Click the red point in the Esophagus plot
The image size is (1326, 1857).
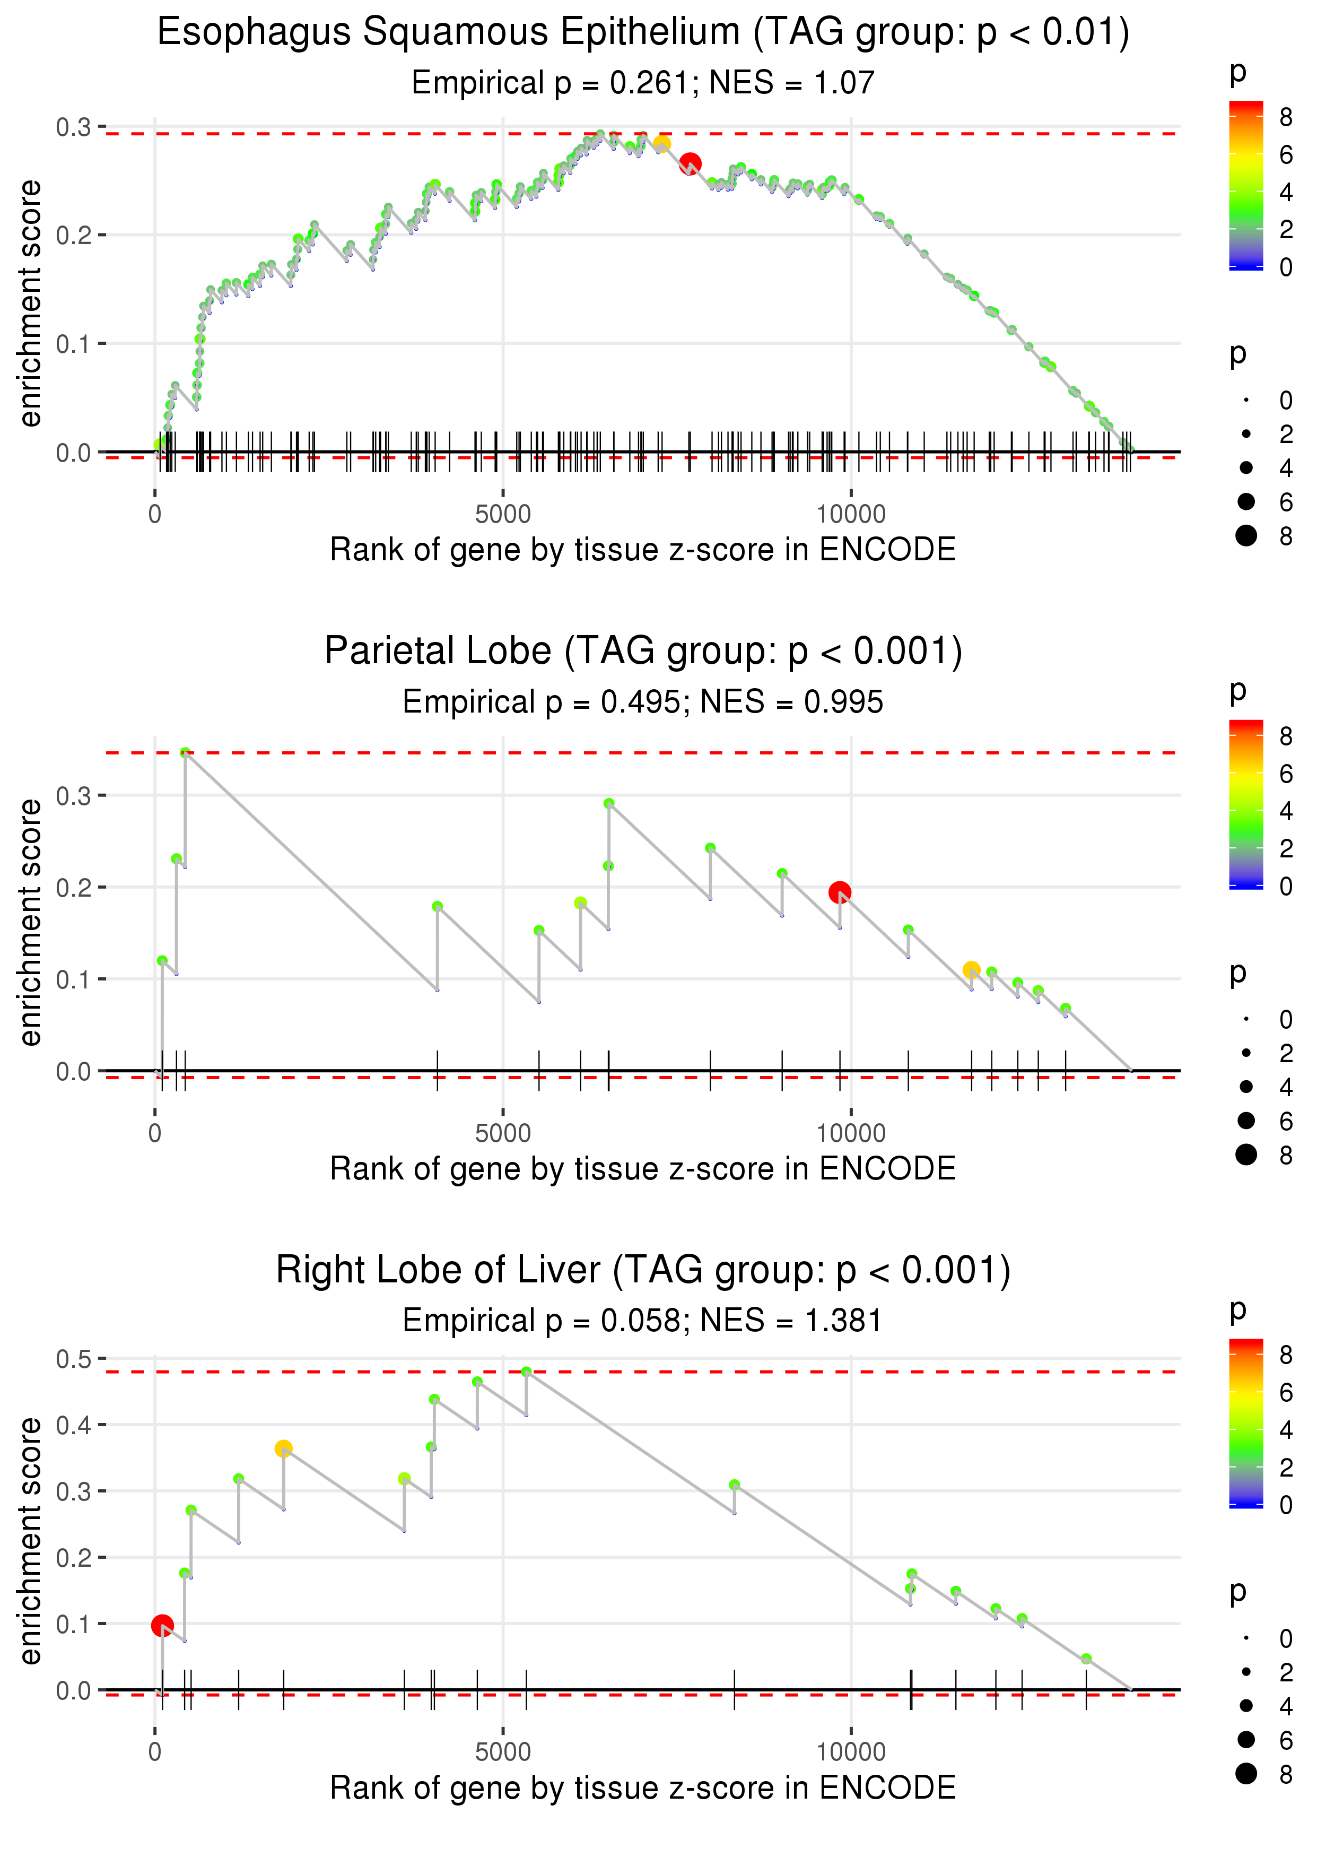coord(690,164)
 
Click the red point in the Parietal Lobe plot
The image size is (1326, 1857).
coord(840,892)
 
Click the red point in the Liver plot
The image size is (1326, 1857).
coord(162,1625)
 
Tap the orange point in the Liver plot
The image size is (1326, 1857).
coord(283,1448)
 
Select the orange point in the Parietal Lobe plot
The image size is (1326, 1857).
coord(971,969)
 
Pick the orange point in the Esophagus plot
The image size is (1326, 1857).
coord(661,144)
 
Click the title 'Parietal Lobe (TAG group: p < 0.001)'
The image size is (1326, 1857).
coord(643,651)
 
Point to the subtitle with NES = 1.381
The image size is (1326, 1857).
coord(643,1321)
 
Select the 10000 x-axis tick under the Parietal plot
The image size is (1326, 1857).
coord(851,1133)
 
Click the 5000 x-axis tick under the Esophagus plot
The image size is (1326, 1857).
coord(503,515)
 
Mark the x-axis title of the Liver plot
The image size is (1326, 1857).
coord(643,1787)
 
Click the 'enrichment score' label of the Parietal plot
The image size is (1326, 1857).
coord(30,922)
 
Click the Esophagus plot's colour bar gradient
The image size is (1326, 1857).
coord(1245,185)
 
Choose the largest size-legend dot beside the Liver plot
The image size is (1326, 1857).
coord(1246,1773)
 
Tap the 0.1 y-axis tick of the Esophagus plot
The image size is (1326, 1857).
coord(74,344)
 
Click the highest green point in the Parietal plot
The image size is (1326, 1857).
coord(185,753)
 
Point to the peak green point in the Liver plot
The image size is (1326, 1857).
coord(526,1372)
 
